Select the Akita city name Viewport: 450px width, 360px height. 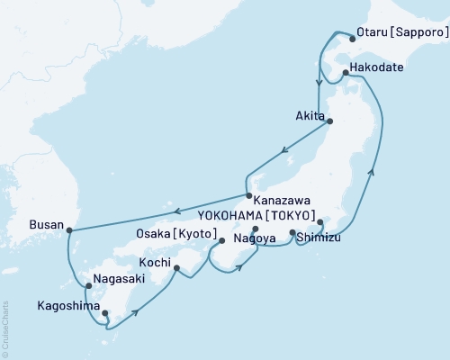tap(310, 115)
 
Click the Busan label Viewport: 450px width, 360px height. tap(46, 223)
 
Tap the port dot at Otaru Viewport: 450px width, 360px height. tap(353, 38)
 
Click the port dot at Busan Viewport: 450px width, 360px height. tap(69, 229)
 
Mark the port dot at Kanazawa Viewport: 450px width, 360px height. tap(248, 195)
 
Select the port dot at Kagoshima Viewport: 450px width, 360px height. tap(105, 313)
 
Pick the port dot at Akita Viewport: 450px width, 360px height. tap(329, 121)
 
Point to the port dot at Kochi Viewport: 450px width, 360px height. tap(177, 267)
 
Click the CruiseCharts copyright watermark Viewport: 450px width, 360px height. tap(5, 328)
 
